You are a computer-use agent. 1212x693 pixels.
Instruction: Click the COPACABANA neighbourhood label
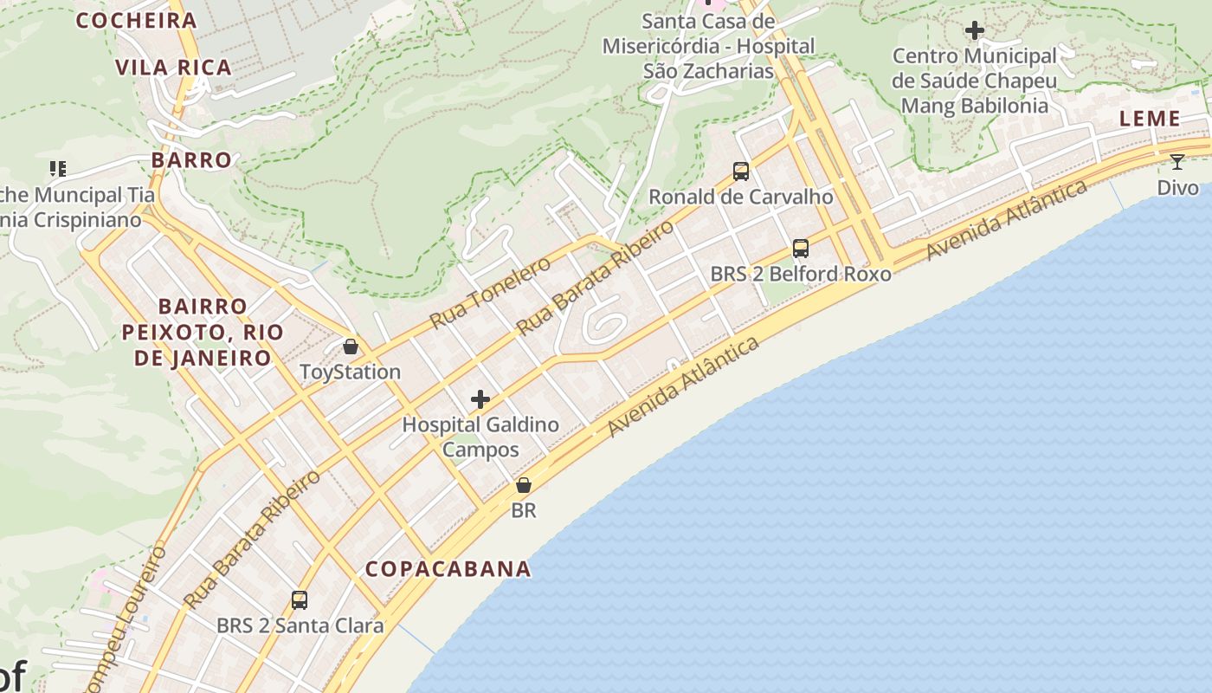(x=448, y=569)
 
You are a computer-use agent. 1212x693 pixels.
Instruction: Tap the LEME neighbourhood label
(x=1150, y=119)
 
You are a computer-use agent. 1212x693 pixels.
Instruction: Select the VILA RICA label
(x=173, y=68)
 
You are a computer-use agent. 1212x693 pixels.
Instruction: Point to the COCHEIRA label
(x=137, y=21)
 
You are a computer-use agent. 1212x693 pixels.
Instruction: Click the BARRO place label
(x=191, y=160)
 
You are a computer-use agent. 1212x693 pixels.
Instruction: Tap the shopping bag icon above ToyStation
(x=351, y=347)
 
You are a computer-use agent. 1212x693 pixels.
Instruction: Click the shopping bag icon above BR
(x=523, y=486)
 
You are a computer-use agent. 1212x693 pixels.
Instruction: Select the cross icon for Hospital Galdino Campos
(x=480, y=399)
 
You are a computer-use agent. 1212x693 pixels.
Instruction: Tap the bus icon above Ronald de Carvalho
(x=741, y=172)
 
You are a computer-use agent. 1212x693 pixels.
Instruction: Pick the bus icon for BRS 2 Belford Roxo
(x=801, y=249)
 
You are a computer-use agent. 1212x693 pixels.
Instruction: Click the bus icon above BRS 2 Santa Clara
(x=300, y=599)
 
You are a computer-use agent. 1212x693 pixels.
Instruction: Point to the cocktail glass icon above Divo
(x=1177, y=162)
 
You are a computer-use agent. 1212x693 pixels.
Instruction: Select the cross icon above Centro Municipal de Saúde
(x=975, y=31)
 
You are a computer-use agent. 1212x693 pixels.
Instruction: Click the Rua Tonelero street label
(x=490, y=293)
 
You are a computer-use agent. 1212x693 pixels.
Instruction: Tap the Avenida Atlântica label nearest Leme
(x=1006, y=220)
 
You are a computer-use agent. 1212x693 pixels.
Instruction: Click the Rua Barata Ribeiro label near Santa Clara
(x=251, y=539)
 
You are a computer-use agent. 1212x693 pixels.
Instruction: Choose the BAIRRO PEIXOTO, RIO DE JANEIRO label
(x=203, y=332)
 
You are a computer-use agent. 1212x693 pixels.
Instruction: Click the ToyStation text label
(x=350, y=372)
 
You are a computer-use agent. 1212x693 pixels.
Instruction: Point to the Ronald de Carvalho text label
(x=741, y=197)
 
